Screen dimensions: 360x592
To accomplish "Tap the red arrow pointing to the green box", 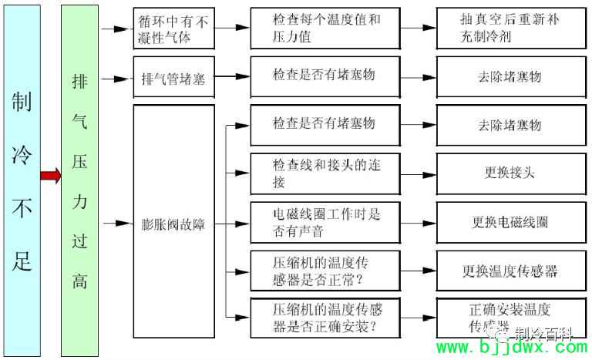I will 51,177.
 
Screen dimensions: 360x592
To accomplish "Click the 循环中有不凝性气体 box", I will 173,28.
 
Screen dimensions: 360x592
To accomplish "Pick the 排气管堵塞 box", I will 173,78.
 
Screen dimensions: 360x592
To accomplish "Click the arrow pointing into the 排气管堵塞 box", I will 117,78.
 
